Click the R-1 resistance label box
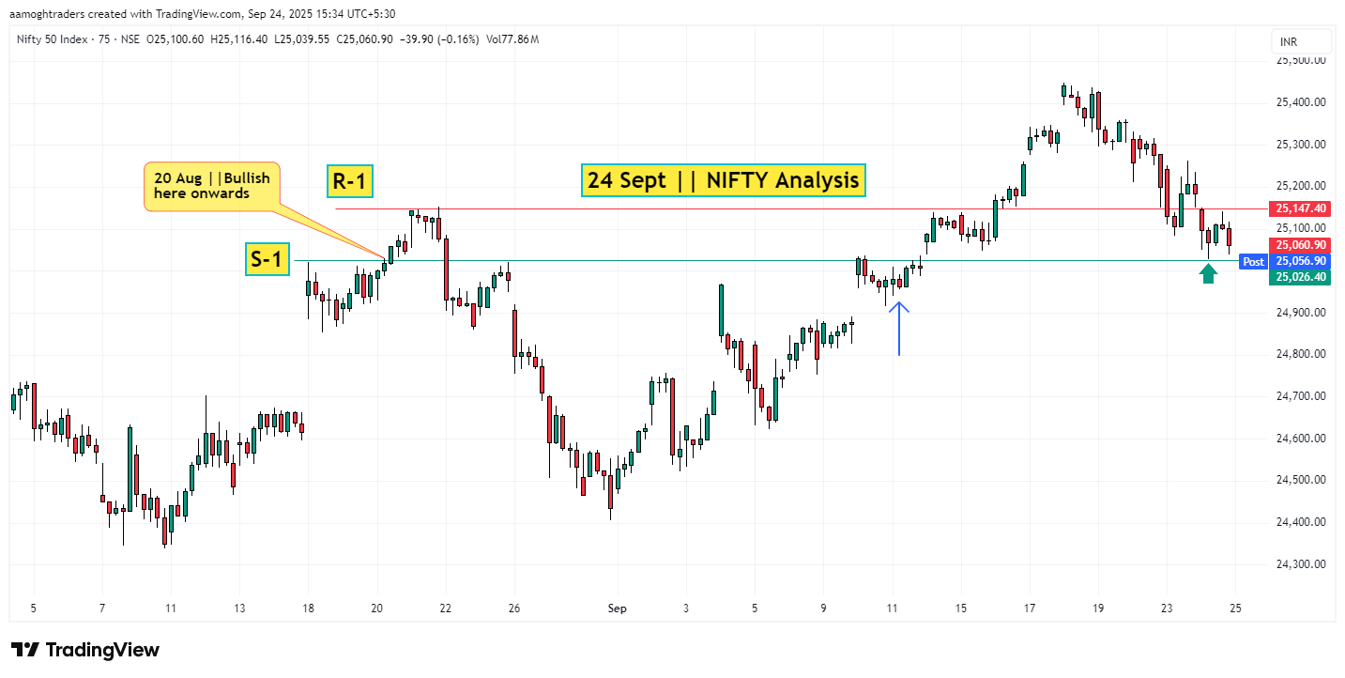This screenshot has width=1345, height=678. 350,181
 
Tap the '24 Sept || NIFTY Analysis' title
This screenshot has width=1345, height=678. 723,179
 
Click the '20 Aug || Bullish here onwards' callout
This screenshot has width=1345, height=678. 212,186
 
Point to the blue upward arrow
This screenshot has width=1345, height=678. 898,328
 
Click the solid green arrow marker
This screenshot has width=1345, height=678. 1209,273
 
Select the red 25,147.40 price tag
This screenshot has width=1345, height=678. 1300,208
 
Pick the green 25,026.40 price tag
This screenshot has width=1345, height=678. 1300,276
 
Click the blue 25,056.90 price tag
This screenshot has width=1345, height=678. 1300,261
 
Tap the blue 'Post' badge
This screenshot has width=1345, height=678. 1253,261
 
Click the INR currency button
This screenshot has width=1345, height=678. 1301,41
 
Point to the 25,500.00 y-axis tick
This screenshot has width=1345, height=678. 1300,61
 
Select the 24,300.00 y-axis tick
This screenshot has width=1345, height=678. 1300,563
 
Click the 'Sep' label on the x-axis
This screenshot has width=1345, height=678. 617,609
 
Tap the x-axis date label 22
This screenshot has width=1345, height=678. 445,609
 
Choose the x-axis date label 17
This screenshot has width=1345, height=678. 1030,609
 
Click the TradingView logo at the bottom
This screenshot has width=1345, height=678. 85,650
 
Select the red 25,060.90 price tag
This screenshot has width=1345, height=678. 1300,245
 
